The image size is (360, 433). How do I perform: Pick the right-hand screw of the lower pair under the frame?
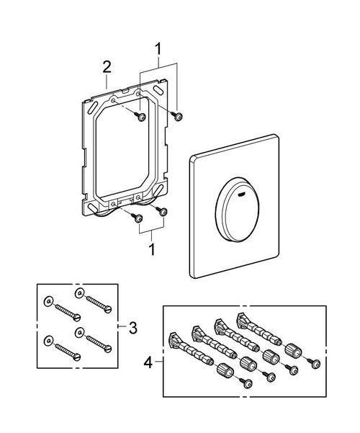coord(163,212)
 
